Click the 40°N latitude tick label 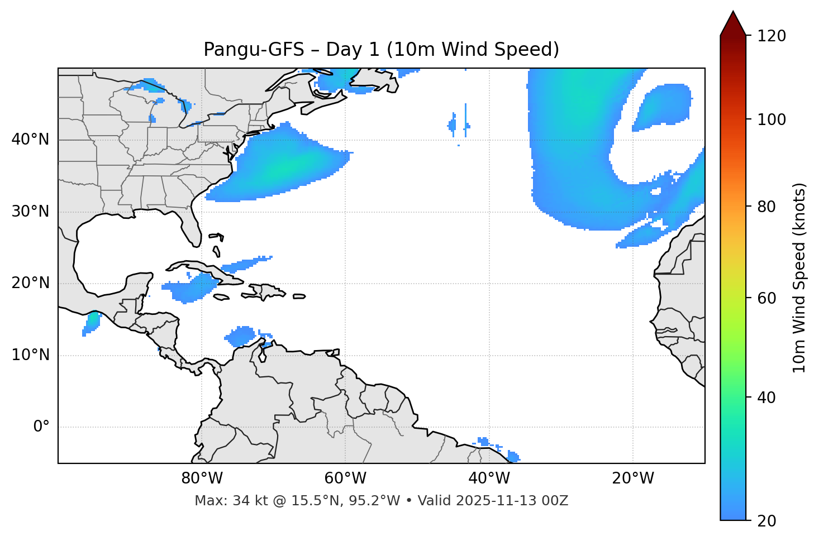(x=30, y=140)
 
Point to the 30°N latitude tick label (x=30, y=212)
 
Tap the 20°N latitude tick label (x=30, y=284)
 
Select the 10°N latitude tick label (x=30, y=355)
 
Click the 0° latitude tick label (x=41, y=427)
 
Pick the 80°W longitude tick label (x=202, y=478)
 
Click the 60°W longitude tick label (x=345, y=478)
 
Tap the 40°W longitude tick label (x=489, y=478)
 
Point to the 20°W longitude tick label (x=632, y=478)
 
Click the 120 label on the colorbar (x=772, y=36)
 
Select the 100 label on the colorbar (x=772, y=119)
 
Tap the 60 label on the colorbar (x=768, y=298)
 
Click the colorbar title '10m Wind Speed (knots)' (x=799, y=277)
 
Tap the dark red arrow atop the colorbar (x=733, y=23)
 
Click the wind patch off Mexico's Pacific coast (x=92, y=323)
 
